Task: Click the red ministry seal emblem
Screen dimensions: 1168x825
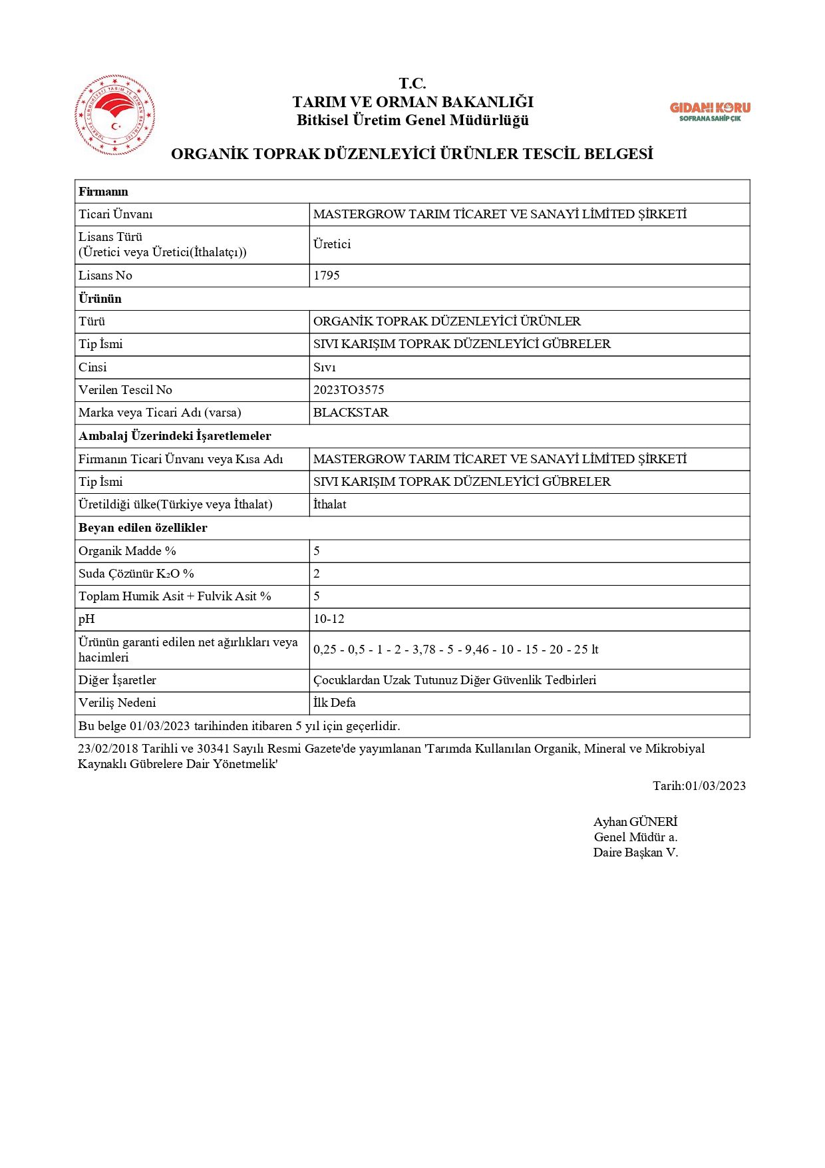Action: click(115, 115)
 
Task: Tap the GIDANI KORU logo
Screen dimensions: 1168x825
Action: click(709, 111)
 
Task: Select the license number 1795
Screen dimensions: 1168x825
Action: click(327, 276)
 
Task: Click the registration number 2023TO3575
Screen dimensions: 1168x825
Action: click(349, 390)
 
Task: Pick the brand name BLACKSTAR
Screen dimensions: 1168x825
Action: click(351, 413)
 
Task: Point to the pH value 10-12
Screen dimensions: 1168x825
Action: click(329, 619)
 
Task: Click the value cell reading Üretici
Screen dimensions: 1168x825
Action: click(332, 244)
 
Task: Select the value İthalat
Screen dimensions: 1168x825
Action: click(330, 504)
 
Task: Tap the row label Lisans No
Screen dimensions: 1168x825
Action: click(105, 276)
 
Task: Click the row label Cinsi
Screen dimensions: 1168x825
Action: click(92, 367)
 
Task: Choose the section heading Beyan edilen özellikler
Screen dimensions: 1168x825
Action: click(143, 528)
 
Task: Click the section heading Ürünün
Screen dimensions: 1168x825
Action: click(100, 299)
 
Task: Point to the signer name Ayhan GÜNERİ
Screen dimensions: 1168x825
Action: click(635, 822)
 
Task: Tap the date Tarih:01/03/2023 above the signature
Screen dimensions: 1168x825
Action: click(699, 786)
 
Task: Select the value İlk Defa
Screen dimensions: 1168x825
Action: click(334, 703)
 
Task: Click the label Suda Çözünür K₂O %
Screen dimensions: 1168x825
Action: click(136, 574)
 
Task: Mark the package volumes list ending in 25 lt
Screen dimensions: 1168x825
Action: click(456, 650)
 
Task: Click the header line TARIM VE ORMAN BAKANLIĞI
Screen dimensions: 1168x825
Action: click(412, 102)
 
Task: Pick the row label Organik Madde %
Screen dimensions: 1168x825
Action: click(127, 551)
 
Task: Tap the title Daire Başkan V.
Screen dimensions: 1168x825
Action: click(635, 853)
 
